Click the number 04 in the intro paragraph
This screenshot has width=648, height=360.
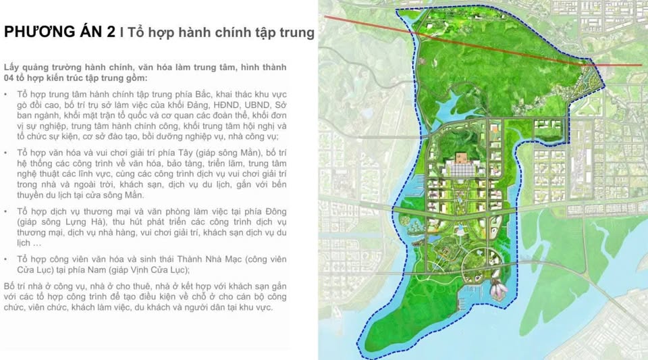tap(10, 78)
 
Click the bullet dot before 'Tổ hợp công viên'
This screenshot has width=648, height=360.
tap(7, 260)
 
